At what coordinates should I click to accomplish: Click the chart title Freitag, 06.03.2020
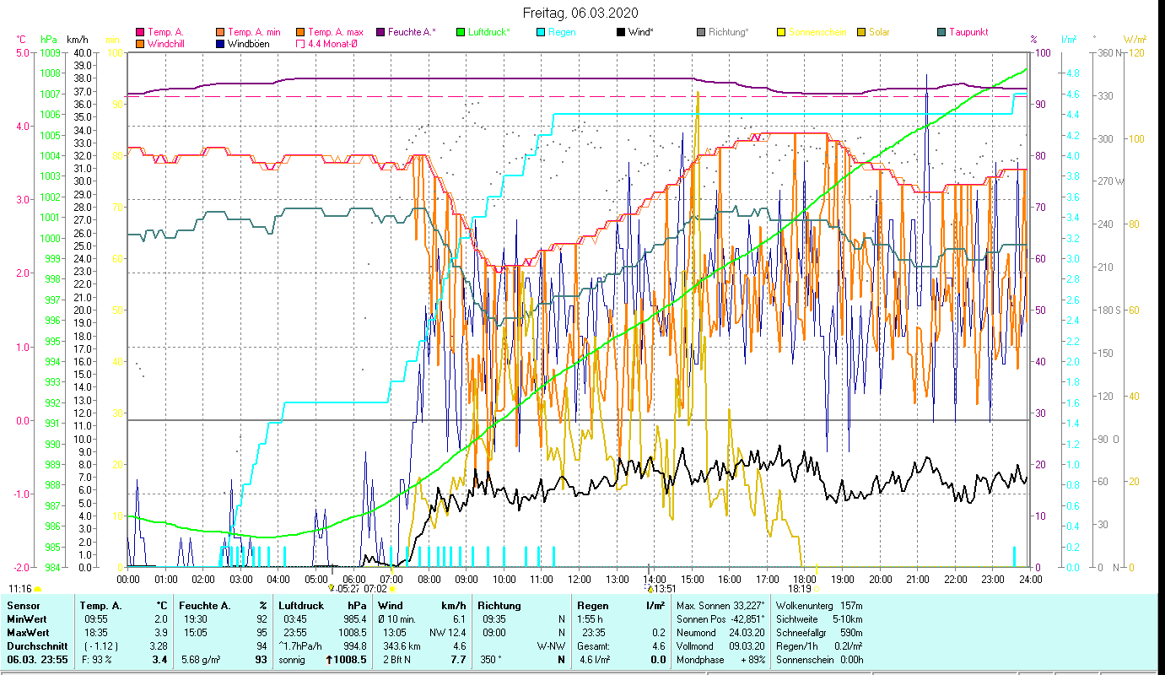click(x=580, y=13)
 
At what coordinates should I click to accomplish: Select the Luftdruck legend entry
click(x=488, y=32)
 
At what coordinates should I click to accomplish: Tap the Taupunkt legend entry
click(x=968, y=32)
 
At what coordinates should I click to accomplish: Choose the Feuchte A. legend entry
click(x=412, y=32)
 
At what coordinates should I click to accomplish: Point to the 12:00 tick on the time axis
click(x=579, y=580)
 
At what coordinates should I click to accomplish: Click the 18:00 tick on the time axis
click(x=805, y=580)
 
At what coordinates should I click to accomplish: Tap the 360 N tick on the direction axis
click(x=1108, y=52)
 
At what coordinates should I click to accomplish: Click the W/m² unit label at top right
click(x=1135, y=40)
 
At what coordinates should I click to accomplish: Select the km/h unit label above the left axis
click(x=77, y=40)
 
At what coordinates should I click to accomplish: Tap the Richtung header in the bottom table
click(x=499, y=605)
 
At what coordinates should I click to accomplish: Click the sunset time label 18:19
click(x=800, y=589)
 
